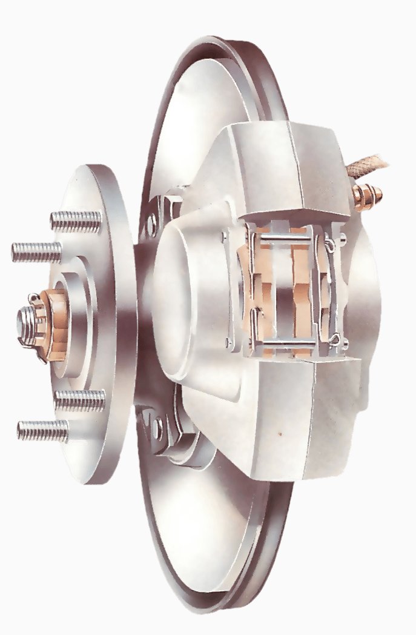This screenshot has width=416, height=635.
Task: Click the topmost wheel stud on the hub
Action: [75, 221]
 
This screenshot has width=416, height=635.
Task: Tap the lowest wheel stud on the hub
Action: [42, 430]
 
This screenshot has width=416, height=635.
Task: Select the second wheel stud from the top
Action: [36, 251]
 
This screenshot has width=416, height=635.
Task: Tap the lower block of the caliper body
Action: [291, 418]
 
